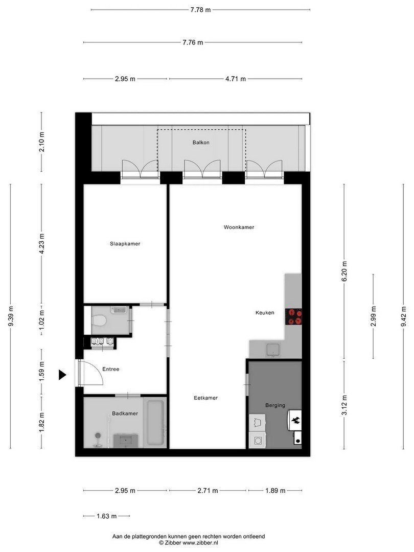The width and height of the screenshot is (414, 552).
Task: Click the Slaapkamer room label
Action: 125,244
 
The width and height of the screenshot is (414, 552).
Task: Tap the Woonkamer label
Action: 239,227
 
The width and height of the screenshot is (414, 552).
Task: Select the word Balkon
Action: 201,143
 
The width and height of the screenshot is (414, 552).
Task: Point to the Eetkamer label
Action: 206,398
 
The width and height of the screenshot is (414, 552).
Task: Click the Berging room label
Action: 275,405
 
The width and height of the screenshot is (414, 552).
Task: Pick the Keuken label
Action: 265,313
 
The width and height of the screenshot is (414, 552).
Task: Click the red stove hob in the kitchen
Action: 293,316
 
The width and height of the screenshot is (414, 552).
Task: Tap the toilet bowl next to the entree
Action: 99,320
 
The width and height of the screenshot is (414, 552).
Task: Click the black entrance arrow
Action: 62,375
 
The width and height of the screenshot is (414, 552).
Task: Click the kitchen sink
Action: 273,350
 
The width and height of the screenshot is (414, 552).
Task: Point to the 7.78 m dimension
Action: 201,10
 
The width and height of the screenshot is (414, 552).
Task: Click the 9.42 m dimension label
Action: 403,316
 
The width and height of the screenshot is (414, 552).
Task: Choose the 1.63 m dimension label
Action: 107,516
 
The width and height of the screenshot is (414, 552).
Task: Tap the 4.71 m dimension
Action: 236,79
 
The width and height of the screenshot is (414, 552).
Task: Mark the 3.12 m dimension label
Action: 344,405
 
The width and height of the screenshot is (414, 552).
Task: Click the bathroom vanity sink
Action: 125,441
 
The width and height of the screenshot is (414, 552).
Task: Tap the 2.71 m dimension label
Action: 208,490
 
